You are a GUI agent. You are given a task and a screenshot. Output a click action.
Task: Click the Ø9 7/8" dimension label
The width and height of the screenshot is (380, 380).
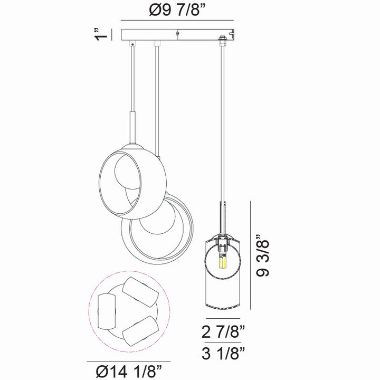coord(177,10)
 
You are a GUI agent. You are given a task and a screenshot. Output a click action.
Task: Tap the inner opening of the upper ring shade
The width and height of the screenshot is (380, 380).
coord(124,179)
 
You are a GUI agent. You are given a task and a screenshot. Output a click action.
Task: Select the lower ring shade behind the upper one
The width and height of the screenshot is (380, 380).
coord(158,232)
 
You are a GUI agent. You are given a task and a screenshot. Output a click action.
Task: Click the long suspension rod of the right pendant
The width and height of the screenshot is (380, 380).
coord(221,121)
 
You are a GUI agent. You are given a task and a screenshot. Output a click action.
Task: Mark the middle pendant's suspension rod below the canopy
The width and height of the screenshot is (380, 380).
coord(156,106)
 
